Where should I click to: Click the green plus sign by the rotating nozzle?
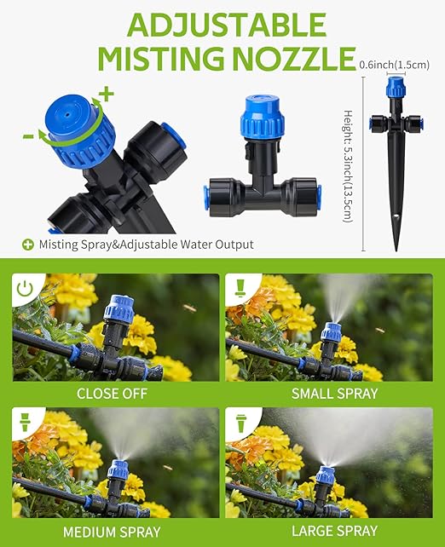106,92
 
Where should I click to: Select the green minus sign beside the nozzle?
28,135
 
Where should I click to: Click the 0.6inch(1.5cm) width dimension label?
395,64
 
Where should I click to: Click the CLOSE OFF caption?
112,394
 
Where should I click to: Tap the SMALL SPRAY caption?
334,394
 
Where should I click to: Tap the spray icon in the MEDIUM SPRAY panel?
26,423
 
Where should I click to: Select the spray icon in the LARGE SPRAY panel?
241,423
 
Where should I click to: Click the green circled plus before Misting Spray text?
28,245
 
